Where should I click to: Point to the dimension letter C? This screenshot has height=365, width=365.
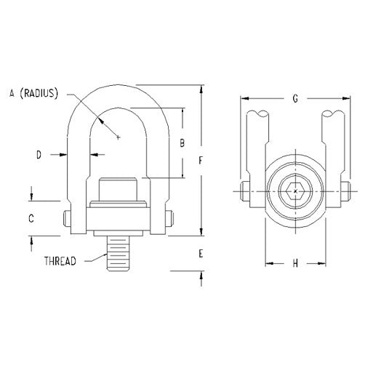tap(31, 217)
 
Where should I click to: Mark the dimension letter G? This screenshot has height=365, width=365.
tap(294, 97)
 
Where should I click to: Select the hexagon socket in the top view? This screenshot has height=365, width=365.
tap(294, 193)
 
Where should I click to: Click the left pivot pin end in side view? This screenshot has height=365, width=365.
tap(66, 218)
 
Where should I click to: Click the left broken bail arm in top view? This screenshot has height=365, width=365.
tap(260, 145)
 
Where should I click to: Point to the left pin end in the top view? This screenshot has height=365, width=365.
tap(241, 193)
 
